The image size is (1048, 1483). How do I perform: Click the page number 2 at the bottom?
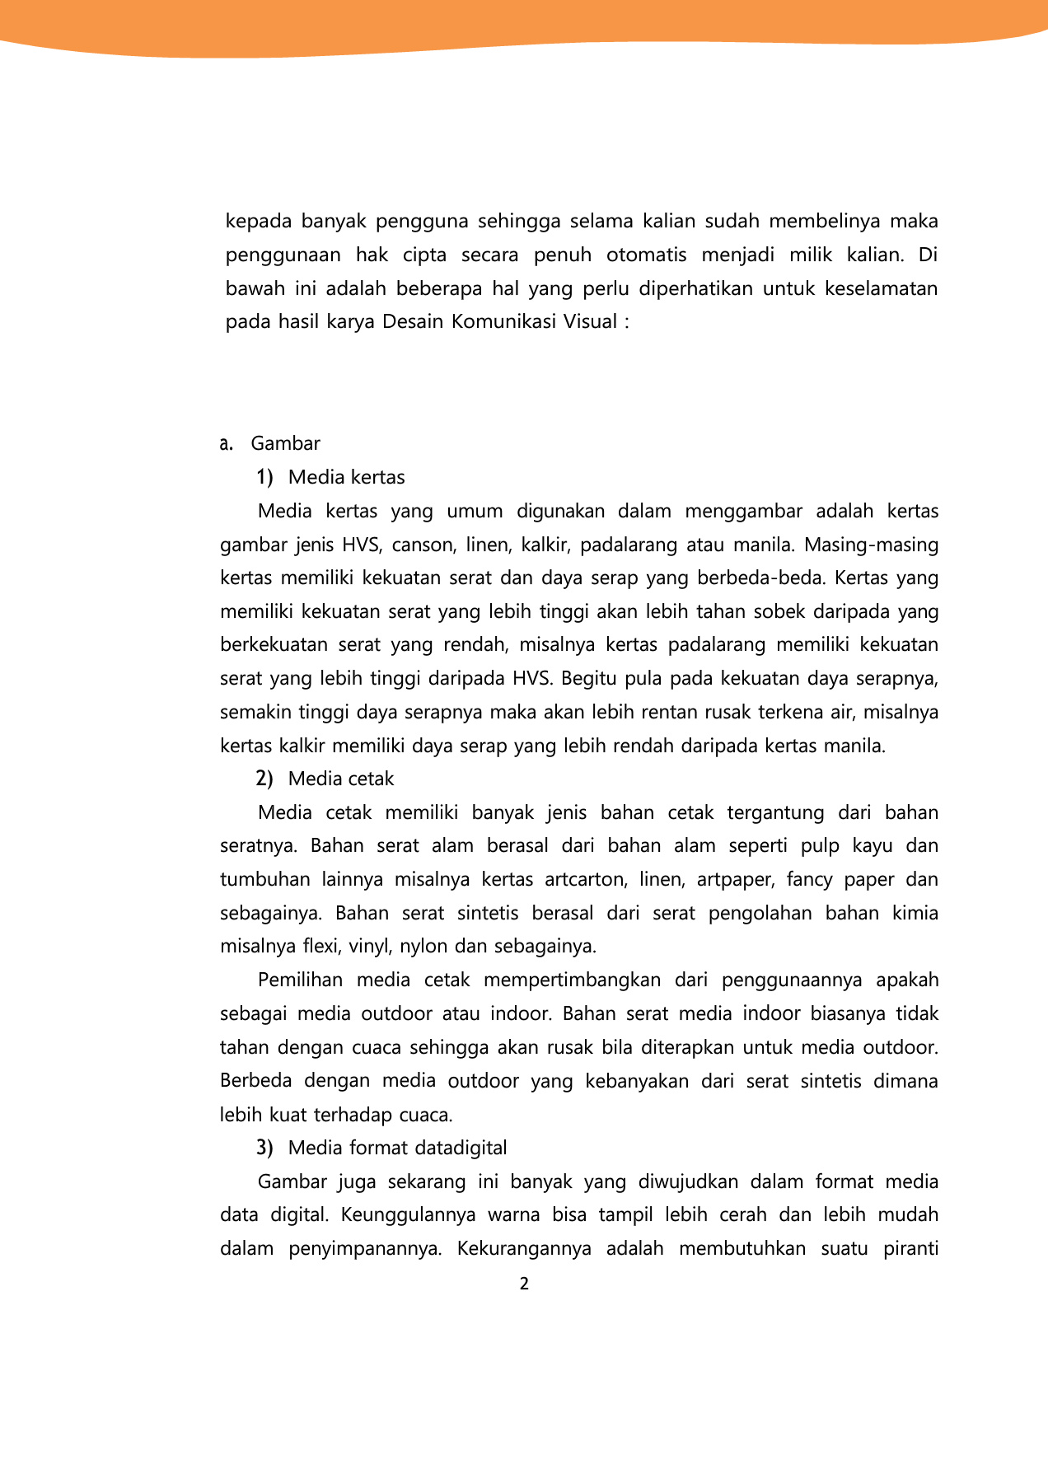click(x=524, y=1284)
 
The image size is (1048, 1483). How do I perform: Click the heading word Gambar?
click(x=285, y=443)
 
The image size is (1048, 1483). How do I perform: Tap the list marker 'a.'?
click(x=227, y=443)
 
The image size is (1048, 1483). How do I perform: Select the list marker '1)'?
click(x=264, y=477)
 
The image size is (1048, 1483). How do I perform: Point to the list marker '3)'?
click(x=264, y=1148)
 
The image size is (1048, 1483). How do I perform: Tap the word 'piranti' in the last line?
click(x=910, y=1248)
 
